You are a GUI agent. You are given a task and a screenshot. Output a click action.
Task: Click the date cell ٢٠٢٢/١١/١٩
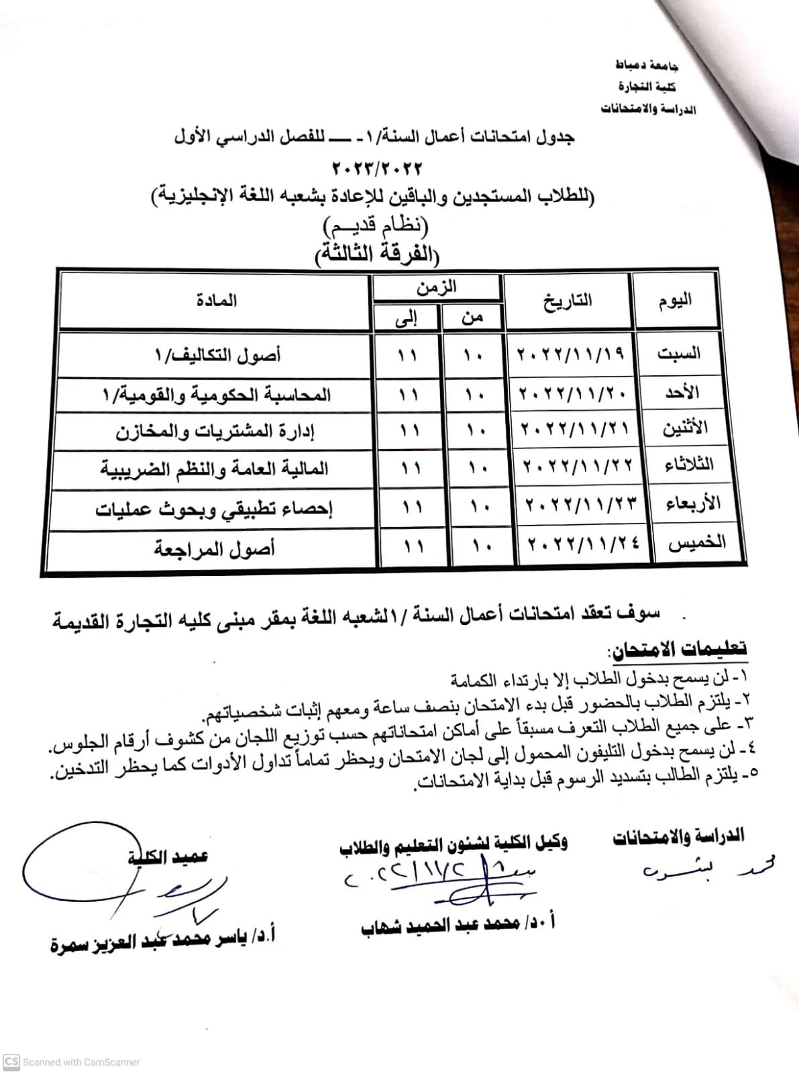[x=570, y=353]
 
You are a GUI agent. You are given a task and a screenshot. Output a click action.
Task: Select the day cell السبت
[x=678, y=353]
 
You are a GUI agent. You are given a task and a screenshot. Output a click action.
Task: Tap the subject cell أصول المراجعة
[x=215, y=549]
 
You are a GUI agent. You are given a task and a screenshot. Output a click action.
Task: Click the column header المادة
[x=217, y=300]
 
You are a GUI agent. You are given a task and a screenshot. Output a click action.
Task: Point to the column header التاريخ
[x=568, y=300]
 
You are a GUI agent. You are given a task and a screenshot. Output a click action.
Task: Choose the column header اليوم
[x=675, y=300]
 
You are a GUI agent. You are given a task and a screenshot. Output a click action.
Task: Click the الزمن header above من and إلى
[x=437, y=287]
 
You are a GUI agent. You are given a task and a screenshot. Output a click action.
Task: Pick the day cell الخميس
[x=697, y=542]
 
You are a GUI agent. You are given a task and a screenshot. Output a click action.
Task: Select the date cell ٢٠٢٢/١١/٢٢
[x=578, y=465]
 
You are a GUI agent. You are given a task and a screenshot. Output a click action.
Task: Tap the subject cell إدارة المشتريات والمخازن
[x=215, y=431]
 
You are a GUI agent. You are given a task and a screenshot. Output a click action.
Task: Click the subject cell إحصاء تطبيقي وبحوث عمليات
[x=214, y=509]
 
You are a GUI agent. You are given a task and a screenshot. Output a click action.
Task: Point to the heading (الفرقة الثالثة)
[x=377, y=255]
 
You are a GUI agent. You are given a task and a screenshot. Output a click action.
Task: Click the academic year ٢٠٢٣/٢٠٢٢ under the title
[x=377, y=167]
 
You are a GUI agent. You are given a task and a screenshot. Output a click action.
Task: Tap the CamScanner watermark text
[x=81, y=1062]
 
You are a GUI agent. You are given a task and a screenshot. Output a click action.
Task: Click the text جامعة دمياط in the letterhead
[x=647, y=65]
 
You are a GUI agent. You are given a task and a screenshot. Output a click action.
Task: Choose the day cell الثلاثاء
[x=688, y=465]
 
